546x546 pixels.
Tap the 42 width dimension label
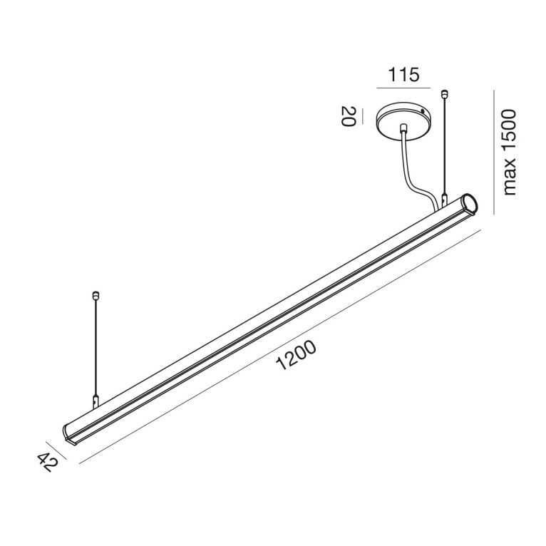click(x=45, y=465)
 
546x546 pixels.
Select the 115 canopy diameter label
click(x=403, y=73)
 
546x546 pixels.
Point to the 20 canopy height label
click(x=348, y=116)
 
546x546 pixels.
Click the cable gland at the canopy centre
click(x=404, y=130)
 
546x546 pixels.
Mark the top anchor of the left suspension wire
click(x=96, y=293)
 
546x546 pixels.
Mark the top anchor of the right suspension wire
click(x=445, y=92)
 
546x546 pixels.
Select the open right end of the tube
click(x=469, y=202)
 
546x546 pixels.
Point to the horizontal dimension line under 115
click(x=403, y=88)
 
